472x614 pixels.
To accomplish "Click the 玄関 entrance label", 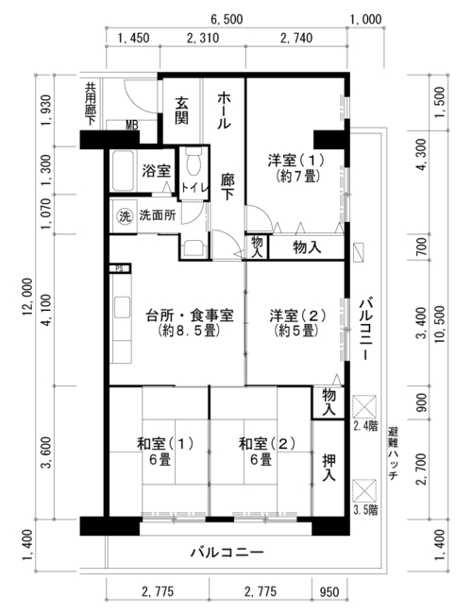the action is (181, 111).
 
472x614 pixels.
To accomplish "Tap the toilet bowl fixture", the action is (194, 162).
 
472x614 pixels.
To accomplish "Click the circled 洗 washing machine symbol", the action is (125, 216).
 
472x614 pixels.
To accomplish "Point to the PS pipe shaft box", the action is (119, 268).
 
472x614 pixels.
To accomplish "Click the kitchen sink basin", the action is (122, 308).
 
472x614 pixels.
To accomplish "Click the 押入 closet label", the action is (329, 468).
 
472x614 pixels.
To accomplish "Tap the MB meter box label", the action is (132, 126).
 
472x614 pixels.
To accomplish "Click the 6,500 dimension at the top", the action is (227, 19).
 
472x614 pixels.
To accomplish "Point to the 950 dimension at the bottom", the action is (329, 591).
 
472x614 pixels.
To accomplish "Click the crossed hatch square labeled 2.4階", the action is (364, 406).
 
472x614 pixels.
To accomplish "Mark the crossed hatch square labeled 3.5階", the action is (364, 490).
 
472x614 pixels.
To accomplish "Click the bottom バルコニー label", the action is (227, 553).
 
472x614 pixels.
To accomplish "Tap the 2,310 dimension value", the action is (203, 38).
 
